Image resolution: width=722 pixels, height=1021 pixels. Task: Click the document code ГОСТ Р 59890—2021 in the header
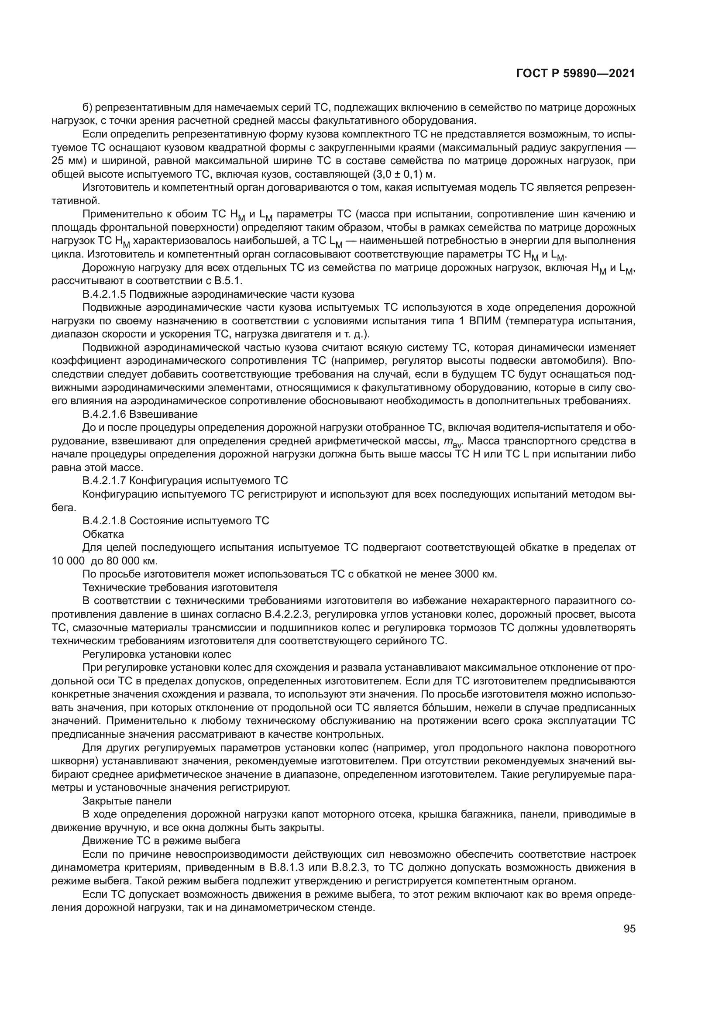click(576, 73)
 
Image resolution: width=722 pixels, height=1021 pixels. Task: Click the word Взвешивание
click(164, 414)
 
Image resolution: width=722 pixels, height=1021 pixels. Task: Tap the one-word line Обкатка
click(103, 534)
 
